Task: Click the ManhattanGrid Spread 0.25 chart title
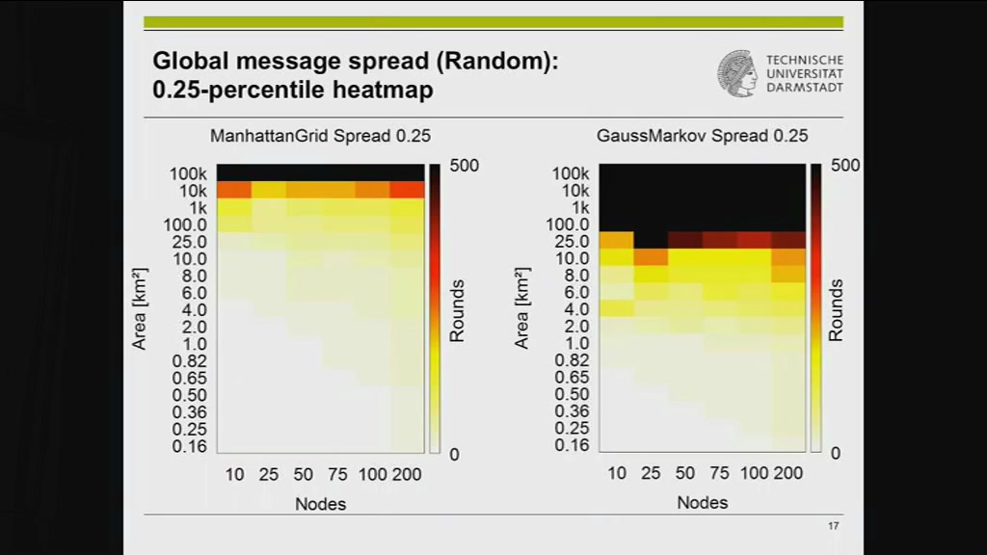(x=320, y=136)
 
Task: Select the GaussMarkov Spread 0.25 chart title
(x=702, y=136)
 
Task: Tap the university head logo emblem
(x=737, y=74)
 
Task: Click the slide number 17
(x=834, y=526)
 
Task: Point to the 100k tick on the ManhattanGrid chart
(x=188, y=173)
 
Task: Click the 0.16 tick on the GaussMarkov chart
(x=572, y=445)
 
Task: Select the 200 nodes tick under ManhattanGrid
(x=407, y=474)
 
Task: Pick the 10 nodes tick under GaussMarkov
(x=617, y=473)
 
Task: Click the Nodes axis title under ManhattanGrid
(x=320, y=504)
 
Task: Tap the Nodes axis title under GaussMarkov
(x=703, y=503)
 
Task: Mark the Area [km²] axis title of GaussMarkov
(x=521, y=308)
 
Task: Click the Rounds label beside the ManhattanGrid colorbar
(x=457, y=311)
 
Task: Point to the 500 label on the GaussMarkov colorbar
(x=845, y=166)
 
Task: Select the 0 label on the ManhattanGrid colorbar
(x=454, y=455)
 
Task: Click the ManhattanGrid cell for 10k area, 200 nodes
(x=408, y=190)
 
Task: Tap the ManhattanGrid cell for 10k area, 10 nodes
(x=234, y=190)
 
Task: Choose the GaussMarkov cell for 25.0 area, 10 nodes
(x=616, y=240)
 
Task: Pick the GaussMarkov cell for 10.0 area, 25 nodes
(x=651, y=257)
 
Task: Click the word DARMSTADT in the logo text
(x=805, y=88)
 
